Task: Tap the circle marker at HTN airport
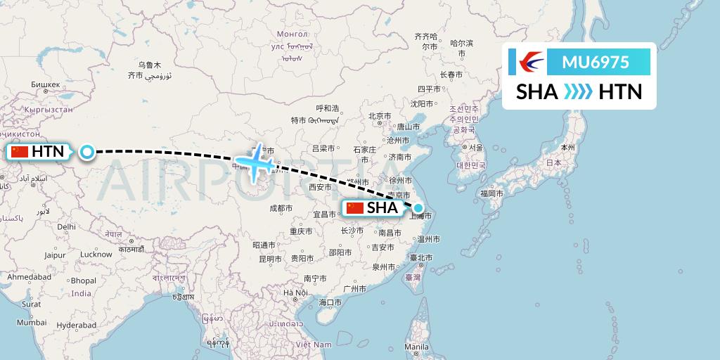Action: pyautogui.click(x=86, y=151)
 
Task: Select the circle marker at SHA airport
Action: pyautogui.click(x=419, y=207)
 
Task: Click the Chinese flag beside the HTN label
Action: pyautogui.click(x=20, y=151)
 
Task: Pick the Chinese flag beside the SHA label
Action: pyautogui.click(x=355, y=208)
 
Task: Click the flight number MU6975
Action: pyautogui.click(x=596, y=63)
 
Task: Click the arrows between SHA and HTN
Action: pyautogui.click(x=579, y=92)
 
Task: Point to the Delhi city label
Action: pyautogui.click(x=66, y=226)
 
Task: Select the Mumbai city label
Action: pyautogui.click(x=31, y=322)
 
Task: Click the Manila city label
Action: pyautogui.click(x=416, y=347)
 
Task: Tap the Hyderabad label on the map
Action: pyautogui.click(x=76, y=325)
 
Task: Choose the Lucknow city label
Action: pyautogui.click(x=96, y=254)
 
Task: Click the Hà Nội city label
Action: pyautogui.click(x=296, y=292)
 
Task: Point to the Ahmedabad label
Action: pyautogui.click(x=30, y=277)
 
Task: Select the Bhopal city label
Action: pyautogui.click(x=83, y=281)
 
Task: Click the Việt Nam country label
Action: pyautogui.click(x=313, y=345)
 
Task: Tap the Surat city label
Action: pyautogui.click(x=31, y=304)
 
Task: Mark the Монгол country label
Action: pyautogui.click(x=293, y=34)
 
